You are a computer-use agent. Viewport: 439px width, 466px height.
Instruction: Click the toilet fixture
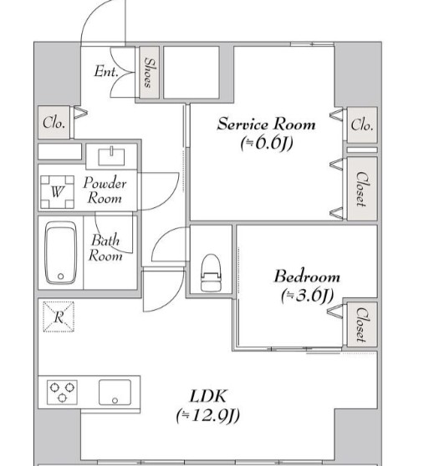pyautogui.click(x=211, y=273)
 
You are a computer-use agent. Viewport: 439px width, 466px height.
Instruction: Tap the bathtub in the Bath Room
pyautogui.click(x=61, y=253)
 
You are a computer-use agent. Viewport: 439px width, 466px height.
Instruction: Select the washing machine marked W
pyautogui.click(x=57, y=192)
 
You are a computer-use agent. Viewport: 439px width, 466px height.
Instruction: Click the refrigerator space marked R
pyautogui.click(x=59, y=317)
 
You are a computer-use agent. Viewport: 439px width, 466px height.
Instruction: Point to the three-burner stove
pyautogui.click(x=62, y=392)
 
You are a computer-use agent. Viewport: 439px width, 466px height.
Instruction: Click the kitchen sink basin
pyautogui.click(x=115, y=392)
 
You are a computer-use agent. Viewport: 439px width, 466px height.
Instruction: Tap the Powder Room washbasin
pyautogui.click(x=111, y=156)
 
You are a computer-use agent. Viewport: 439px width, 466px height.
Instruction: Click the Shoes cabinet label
pyautogui.click(x=150, y=72)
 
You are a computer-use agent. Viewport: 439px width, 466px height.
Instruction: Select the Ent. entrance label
pyautogui.click(x=106, y=72)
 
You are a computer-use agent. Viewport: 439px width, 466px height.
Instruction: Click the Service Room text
pyautogui.click(x=266, y=124)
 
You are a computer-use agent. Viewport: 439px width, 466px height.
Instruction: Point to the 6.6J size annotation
pyautogui.click(x=267, y=144)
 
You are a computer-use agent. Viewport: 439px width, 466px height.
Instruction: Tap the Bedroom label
pyautogui.click(x=307, y=276)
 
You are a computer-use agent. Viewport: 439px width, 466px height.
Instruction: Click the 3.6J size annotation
pyautogui.click(x=307, y=295)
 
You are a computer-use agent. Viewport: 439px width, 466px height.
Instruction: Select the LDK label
pyautogui.click(x=208, y=396)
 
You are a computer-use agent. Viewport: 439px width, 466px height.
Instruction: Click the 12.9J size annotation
pyautogui.click(x=207, y=416)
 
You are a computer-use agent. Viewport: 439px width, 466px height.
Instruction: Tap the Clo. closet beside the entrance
pyautogui.click(x=54, y=123)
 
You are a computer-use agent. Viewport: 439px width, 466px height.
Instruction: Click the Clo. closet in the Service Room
pyautogui.click(x=362, y=124)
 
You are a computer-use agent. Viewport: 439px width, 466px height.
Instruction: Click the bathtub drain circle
pyautogui.click(x=61, y=276)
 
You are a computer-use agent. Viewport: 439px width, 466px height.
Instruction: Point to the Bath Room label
pyautogui.click(x=105, y=247)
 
